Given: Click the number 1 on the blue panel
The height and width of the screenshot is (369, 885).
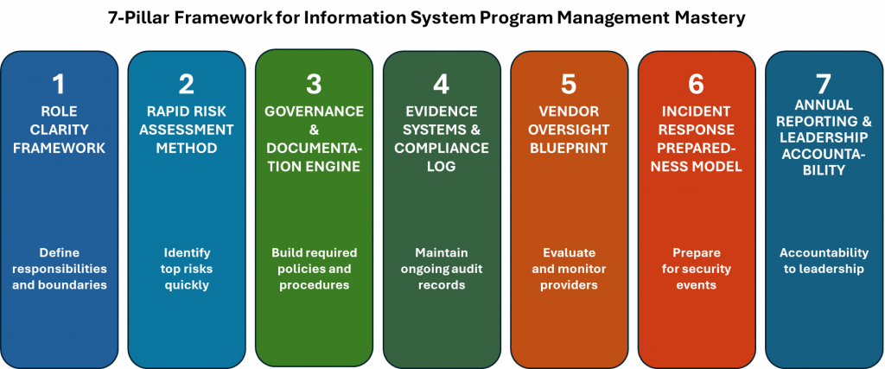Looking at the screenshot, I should [x=59, y=85].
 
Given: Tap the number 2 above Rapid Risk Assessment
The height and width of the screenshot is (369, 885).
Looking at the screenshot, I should [x=186, y=85].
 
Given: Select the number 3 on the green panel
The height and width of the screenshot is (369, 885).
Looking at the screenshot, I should [x=314, y=85].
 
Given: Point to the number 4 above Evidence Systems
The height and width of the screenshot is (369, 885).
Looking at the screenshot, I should [x=442, y=85].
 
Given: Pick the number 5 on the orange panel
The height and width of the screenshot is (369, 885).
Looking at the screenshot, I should [x=569, y=85].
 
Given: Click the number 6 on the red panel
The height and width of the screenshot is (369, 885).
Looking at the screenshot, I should [x=697, y=85].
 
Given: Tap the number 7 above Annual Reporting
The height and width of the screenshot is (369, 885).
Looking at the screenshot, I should [x=824, y=85].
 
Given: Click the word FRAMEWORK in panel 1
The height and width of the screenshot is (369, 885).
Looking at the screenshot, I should [x=59, y=148].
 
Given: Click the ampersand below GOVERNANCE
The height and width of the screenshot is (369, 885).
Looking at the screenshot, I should [x=314, y=130].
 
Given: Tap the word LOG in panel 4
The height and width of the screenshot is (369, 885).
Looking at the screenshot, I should [x=442, y=166].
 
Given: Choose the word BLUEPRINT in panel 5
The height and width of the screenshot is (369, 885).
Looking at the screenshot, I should [x=569, y=148].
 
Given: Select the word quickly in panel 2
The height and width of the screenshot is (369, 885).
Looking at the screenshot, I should [x=186, y=285].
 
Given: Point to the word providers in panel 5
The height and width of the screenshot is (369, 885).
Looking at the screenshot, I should [x=569, y=285].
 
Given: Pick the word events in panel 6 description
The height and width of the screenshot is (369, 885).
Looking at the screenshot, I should [x=697, y=285].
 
